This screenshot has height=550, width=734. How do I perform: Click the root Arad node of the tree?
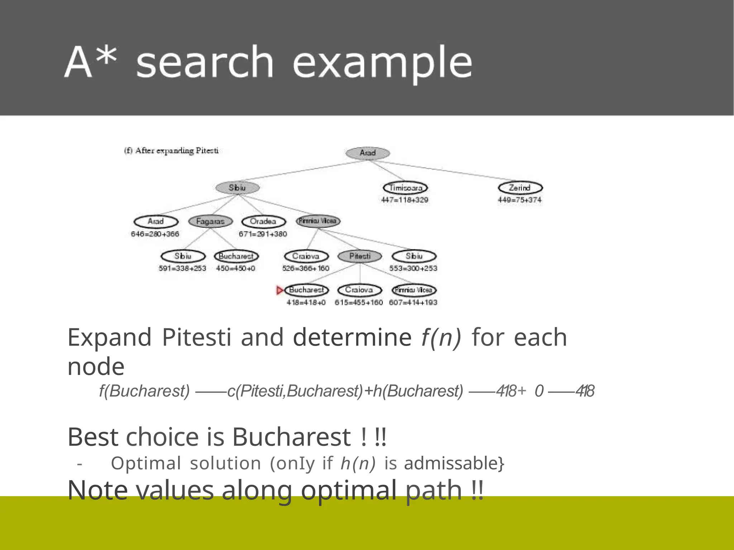(368, 153)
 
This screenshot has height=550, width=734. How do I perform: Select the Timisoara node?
(405, 188)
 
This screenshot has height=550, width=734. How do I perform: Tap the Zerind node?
(520, 188)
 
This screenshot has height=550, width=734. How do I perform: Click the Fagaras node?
(210, 221)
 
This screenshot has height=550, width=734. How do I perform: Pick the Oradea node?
(263, 221)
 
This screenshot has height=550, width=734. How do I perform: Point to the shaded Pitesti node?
(360, 256)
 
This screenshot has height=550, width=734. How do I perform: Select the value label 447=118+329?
(405, 200)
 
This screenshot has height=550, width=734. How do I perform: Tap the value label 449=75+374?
(520, 200)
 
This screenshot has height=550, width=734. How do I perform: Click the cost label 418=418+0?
(306, 303)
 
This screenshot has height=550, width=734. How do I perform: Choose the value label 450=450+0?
(235, 268)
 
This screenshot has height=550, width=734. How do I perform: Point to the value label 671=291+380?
(263, 234)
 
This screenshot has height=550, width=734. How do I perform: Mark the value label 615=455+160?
(359, 303)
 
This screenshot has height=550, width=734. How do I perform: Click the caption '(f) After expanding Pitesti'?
(171, 151)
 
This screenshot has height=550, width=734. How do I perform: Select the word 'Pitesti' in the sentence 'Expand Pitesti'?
(196, 337)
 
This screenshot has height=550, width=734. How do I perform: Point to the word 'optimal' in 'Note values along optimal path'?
(349, 491)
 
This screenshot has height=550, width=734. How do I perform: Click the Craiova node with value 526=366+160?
(306, 256)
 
